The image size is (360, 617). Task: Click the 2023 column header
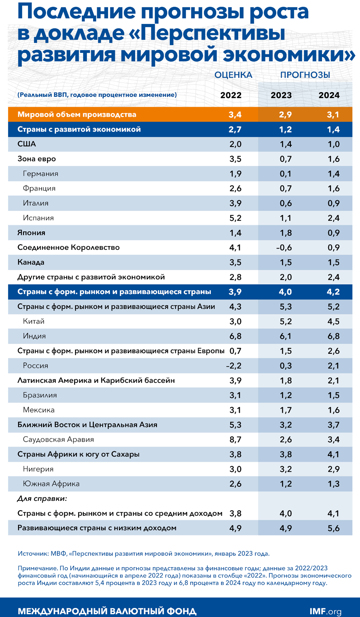[x=281, y=95]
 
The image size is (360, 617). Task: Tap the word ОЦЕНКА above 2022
[x=233, y=75]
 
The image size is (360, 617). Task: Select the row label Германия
[x=41, y=174]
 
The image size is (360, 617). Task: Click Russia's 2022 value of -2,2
[x=234, y=366]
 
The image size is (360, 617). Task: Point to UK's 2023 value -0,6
[x=284, y=247]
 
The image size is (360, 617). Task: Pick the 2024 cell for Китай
[x=333, y=321]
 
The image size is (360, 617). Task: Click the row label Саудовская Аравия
[x=58, y=439]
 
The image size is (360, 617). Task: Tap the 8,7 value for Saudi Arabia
[x=235, y=439]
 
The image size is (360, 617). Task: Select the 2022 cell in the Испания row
[x=235, y=218]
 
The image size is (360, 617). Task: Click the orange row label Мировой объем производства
[x=77, y=114]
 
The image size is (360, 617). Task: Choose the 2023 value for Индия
[x=286, y=336]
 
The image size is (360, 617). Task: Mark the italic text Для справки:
[x=42, y=499]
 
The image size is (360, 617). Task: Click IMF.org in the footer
[x=325, y=611]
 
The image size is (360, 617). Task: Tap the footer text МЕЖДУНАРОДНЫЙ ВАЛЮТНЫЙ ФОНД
[x=107, y=611]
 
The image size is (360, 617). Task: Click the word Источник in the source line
[x=32, y=554]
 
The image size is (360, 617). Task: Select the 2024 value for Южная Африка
[x=333, y=484]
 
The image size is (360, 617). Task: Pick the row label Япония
[x=31, y=233]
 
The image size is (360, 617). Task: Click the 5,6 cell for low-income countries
[x=333, y=528]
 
